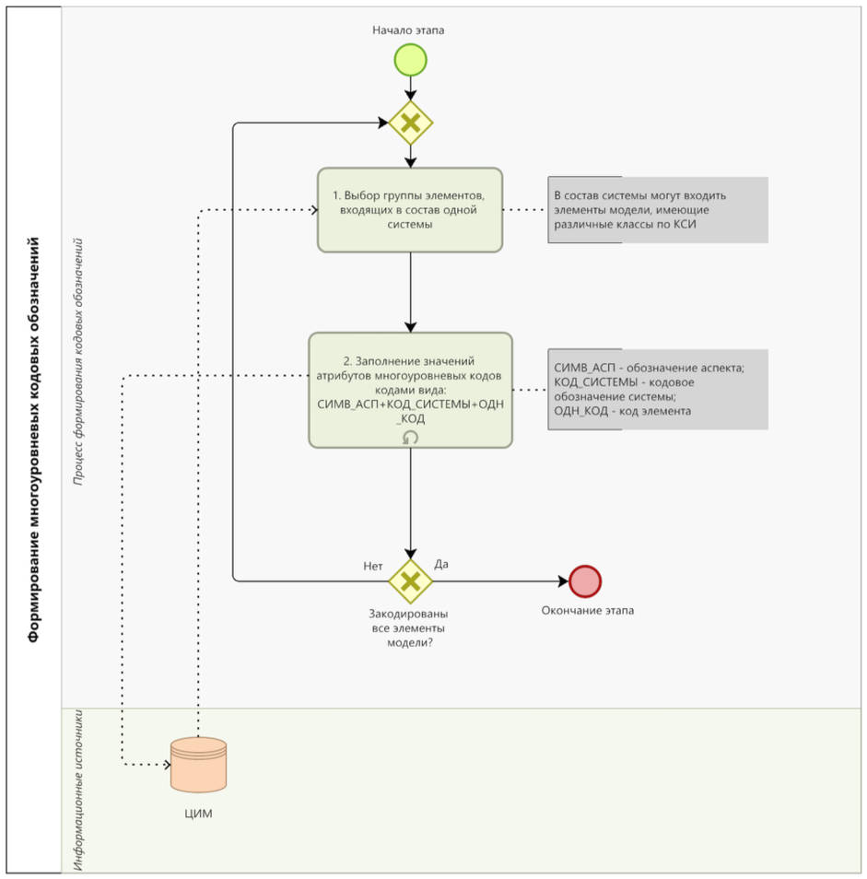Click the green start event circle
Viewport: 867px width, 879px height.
[410, 61]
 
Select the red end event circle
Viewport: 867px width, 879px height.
[585, 581]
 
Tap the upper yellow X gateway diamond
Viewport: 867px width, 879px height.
[410, 122]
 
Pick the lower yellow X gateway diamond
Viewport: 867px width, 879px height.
[410, 580]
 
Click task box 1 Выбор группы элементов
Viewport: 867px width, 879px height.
[410, 209]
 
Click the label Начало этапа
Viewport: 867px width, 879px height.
[408, 30]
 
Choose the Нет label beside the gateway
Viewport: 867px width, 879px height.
[373, 566]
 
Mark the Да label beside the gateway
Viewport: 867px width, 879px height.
[441, 563]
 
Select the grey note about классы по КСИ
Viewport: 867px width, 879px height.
[658, 210]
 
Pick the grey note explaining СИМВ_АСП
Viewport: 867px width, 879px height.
[658, 389]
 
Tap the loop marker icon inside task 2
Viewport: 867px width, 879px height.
[411, 438]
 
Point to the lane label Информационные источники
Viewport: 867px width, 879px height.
[79, 791]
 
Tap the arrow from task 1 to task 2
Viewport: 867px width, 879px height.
[411, 290]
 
